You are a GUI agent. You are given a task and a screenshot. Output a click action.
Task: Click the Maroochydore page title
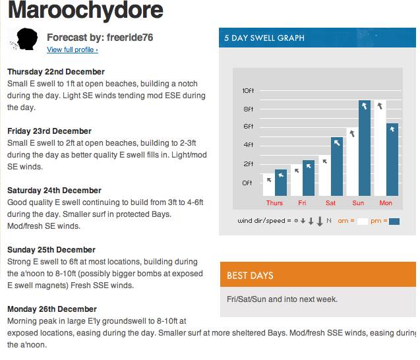click(85, 11)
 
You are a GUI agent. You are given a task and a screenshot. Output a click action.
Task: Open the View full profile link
click(73, 50)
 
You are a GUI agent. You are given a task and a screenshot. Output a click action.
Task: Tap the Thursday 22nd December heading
click(56, 72)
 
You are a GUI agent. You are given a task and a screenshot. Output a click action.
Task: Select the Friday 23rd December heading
click(49, 131)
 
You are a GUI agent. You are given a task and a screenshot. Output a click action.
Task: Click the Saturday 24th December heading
click(54, 191)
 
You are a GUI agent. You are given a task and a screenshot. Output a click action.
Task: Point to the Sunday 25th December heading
click(51, 250)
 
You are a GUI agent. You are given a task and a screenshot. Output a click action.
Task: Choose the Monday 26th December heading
click(52, 309)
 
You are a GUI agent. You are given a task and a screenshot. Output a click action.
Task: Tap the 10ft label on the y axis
click(248, 90)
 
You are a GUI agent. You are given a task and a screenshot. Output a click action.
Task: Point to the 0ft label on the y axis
click(248, 183)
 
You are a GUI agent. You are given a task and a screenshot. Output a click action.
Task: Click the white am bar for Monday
click(379, 148)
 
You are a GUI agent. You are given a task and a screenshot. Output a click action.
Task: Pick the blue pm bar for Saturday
click(336, 166)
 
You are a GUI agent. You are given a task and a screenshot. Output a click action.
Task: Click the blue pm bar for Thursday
click(281, 183)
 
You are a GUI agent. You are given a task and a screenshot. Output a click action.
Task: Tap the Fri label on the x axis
click(302, 203)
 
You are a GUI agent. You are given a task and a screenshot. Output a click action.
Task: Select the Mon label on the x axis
click(386, 203)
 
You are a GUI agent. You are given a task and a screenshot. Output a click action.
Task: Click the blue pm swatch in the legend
click(394, 222)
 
